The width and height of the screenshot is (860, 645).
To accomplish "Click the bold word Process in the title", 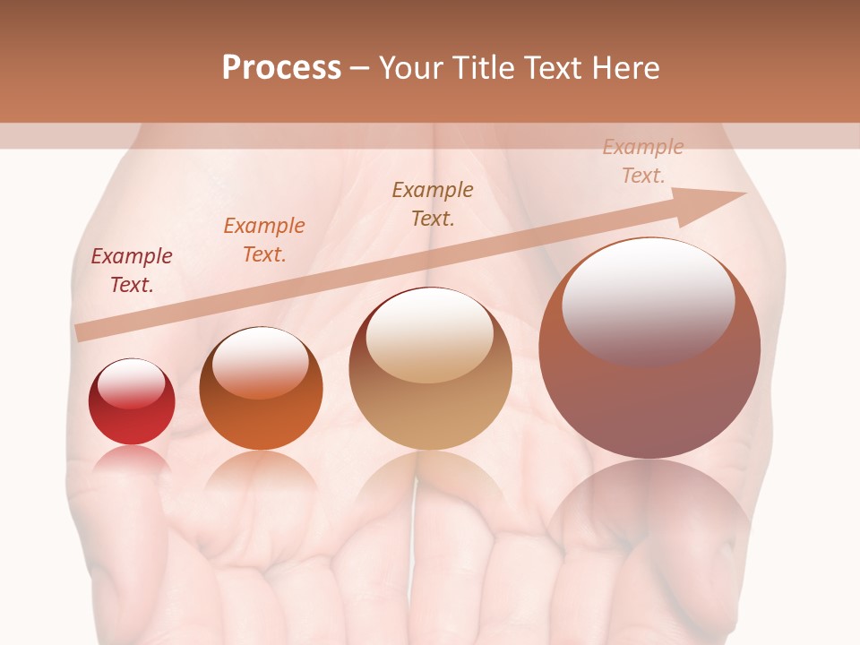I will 281,68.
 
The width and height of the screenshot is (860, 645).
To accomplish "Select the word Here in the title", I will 624,68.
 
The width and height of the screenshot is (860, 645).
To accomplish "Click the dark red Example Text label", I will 132,271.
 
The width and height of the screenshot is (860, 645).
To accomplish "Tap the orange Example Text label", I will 264,240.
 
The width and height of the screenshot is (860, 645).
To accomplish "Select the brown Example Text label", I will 433,204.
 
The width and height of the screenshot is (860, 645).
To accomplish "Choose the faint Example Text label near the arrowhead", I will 643,161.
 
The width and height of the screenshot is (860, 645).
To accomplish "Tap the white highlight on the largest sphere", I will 648,300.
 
